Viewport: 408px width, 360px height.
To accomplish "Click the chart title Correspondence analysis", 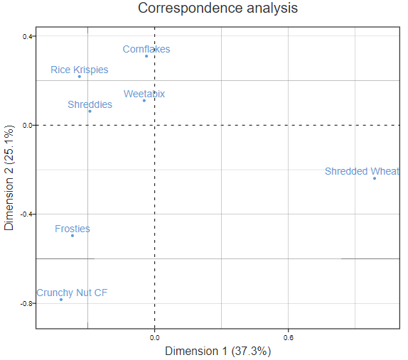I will click(x=218, y=9).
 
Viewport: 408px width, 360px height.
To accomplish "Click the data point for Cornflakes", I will click(x=146, y=55).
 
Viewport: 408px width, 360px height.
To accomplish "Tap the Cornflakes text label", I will click(x=146, y=49).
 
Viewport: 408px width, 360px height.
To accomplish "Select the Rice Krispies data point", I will click(x=80, y=77).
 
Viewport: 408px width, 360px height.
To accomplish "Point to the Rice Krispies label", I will click(x=80, y=70).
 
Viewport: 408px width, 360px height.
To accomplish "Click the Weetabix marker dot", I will click(x=144, y=100).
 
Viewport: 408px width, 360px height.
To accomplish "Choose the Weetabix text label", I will click(x=144, y=93).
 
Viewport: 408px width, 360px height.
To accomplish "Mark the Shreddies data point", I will click(x=90, y=111).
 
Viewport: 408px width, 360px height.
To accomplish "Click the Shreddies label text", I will click(x=90, y=104).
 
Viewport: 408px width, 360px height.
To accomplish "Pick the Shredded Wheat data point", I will click(x=375, y=178).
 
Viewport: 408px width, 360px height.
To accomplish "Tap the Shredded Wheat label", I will click(x=362, y=171).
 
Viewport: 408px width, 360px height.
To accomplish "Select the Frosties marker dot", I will click(x=73, y=235).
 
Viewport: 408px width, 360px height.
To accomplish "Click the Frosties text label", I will click(x=73, y=229).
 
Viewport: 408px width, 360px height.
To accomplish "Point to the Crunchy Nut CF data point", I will click(x=61, y=300).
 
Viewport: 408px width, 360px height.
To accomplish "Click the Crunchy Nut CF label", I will click(x=72, y=293).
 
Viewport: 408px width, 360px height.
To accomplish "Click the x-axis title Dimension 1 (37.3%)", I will click(x=218, y=351).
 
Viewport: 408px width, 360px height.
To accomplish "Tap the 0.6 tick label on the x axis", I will click(x=289, y=337).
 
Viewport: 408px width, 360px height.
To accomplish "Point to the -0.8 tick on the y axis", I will click(x=27, y=303).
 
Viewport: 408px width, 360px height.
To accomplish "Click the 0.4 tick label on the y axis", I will click(x=27, y=37).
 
